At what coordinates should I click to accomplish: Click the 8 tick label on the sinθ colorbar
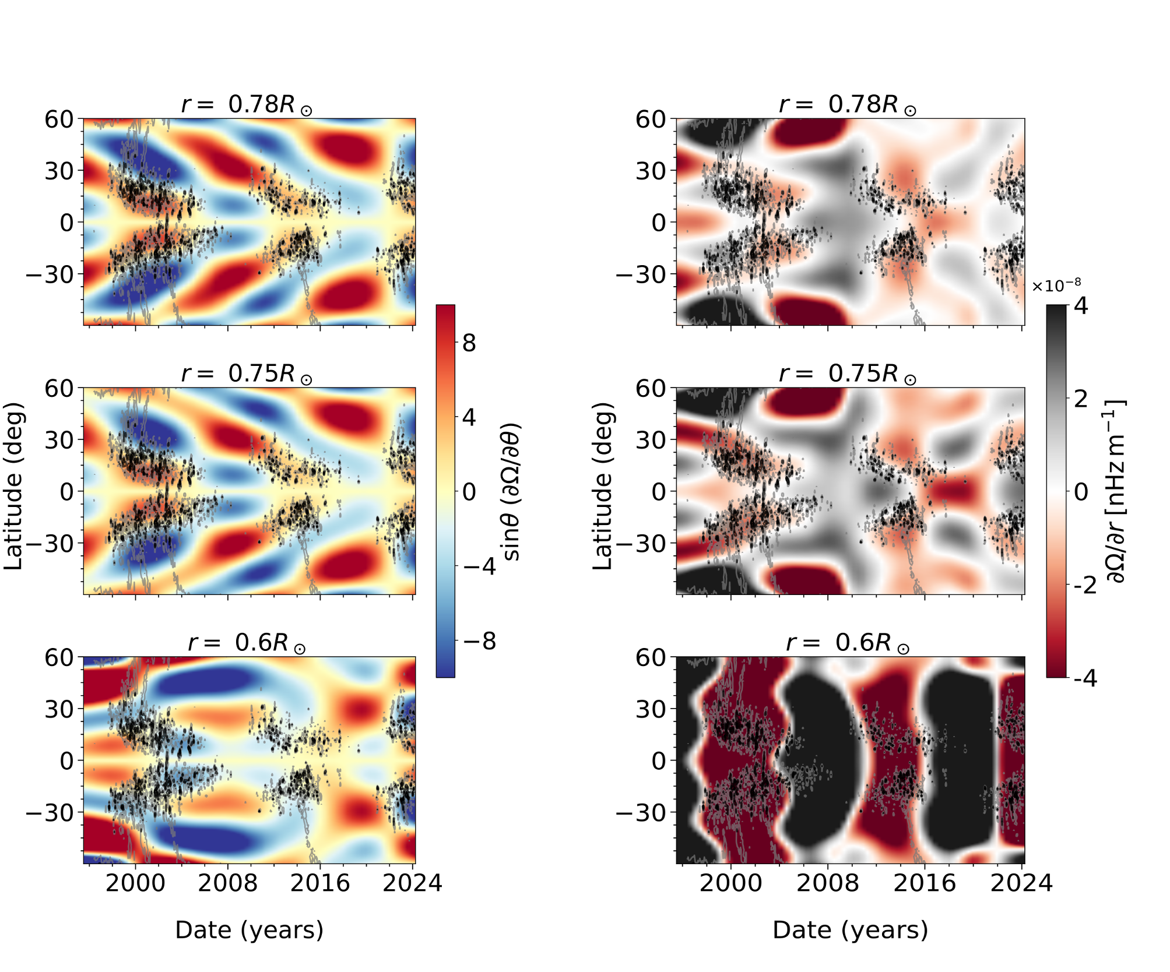click(469, 343)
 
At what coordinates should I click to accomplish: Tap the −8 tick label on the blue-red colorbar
click(479, 641)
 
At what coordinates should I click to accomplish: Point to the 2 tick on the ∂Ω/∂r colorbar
click(1080, 399)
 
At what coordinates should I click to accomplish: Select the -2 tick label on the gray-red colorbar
click(1085, 585)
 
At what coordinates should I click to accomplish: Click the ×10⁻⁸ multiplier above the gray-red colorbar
click(1056, 286)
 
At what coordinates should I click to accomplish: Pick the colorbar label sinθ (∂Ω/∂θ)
click(511, 491)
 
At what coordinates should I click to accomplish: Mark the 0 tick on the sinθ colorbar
click(469, 492)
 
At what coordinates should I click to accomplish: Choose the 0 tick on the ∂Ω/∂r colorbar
click(1080, 492)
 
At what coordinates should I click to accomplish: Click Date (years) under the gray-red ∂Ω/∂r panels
click(850, 929)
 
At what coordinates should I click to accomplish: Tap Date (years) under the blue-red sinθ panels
click(249, 929)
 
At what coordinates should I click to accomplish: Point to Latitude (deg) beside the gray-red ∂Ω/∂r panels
click(603, 486)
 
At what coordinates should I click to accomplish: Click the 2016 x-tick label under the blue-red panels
click(320, 883)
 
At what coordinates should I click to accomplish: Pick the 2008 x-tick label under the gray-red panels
click(828, 883)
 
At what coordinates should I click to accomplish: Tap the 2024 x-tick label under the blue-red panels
click(412, 883)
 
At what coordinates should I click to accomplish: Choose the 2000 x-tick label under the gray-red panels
click(730, 883)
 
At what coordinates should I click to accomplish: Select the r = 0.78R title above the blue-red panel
click(247, 105)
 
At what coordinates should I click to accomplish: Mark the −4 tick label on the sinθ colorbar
click(479, 566)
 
